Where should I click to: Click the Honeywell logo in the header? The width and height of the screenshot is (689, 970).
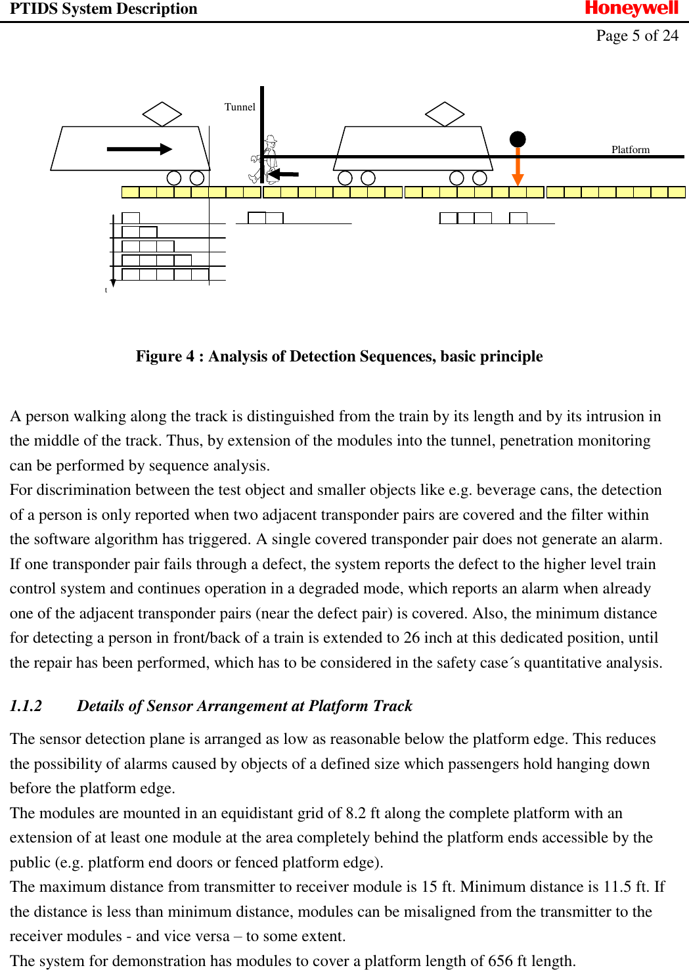click(x=631, y=9)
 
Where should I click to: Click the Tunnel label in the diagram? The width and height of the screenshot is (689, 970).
click(x=240, y=107)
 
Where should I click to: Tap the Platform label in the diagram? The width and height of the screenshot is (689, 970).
click(x=630, y=150)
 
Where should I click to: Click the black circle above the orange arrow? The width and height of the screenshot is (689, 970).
click(x=518, y=139)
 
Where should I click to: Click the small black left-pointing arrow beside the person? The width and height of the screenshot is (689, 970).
click(x=283, y=174)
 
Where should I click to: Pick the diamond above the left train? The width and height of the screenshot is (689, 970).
click(x=162, y=114)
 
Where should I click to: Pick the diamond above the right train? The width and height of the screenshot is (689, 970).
click(x=445, y=114)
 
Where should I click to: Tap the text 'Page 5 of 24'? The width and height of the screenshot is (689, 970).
click(x=636, y=35)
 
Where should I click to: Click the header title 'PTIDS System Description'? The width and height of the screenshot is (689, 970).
click(x=103, y=9)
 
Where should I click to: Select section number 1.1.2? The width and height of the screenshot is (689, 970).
click(x=26, y=706)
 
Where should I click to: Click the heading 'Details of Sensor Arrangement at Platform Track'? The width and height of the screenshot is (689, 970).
click(x=244, y=706)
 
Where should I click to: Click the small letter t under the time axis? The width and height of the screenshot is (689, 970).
click(x=106, y=290)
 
